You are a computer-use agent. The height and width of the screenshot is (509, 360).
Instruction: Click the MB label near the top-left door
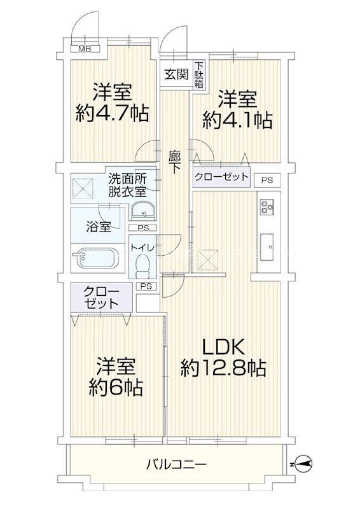pos(83,48)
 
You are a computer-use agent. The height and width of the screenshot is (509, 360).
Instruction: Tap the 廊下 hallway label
pos(175,161)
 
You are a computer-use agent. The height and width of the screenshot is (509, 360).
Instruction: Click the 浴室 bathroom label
pos(99,226)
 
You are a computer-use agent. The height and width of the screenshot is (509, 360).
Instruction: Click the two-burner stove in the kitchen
pos(266,207)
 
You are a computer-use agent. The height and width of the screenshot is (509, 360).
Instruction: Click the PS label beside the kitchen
pos(267,180)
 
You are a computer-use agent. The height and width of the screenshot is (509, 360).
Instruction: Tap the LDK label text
pos(223,347)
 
